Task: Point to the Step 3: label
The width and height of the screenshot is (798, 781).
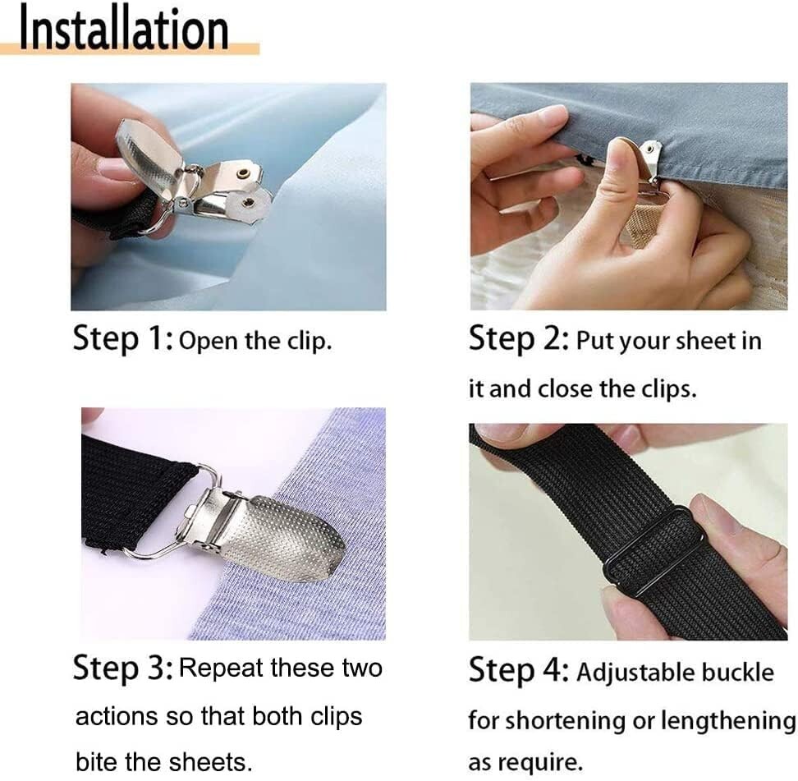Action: point(122,668)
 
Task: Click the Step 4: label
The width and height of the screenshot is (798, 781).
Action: point(518,673)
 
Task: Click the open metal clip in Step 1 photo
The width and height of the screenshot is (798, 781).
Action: point(197,177)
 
